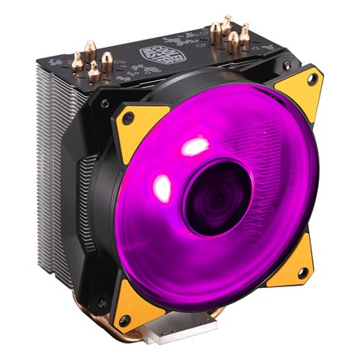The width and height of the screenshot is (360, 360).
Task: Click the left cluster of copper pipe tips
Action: [89, 65]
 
